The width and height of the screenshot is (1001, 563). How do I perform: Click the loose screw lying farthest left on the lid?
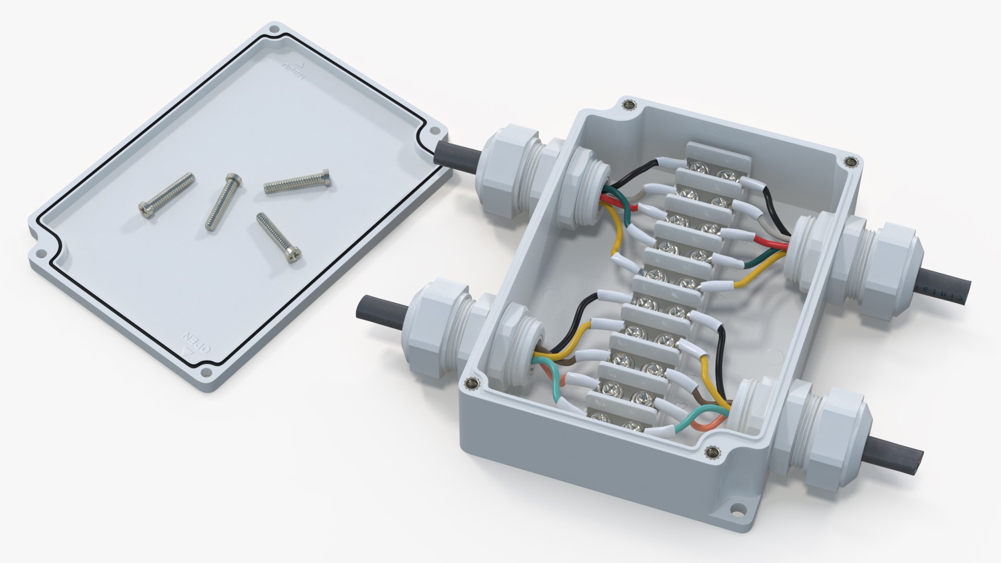point(167,195)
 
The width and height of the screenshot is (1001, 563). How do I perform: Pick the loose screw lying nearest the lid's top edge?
point(297,180)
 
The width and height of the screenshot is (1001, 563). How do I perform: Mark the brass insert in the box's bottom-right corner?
point(711,452)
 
